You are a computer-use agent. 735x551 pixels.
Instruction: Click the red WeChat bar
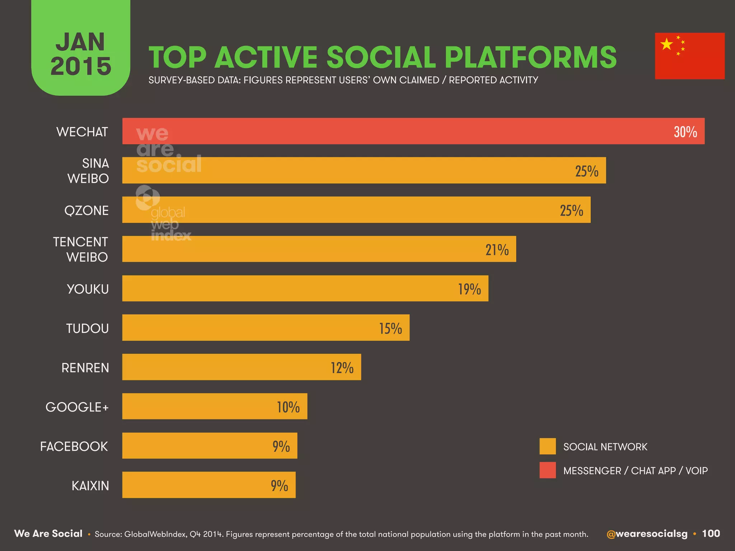click(413, 131)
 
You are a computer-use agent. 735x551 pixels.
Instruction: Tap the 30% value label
click(685, 132)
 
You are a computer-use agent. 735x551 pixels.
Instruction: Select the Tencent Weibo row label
click(80, 249)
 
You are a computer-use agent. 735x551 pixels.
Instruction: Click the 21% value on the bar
click(497, 250)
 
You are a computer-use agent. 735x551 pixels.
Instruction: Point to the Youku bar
click(305, 288)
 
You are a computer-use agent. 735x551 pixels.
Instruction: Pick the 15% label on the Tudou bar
click(390, 329)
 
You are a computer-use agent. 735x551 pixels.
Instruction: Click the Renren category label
click(85, 368)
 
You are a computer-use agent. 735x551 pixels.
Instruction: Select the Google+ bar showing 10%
click(215, 406)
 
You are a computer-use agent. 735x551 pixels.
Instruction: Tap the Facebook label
click(74, 447)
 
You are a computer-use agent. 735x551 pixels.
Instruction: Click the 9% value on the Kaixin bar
click(279, 486)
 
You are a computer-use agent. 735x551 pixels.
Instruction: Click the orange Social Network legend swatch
click(547, 446)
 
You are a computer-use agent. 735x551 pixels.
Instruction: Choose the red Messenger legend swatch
click(547, 470)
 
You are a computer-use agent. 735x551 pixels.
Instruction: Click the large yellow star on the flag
click(666, 44)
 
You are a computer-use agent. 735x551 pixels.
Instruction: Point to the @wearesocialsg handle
click(647, 534)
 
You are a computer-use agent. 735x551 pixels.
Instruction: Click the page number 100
click(711, 533)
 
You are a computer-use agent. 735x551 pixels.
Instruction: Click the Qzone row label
click(86, 210)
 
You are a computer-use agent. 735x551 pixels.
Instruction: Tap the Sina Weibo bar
click(364, 170)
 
